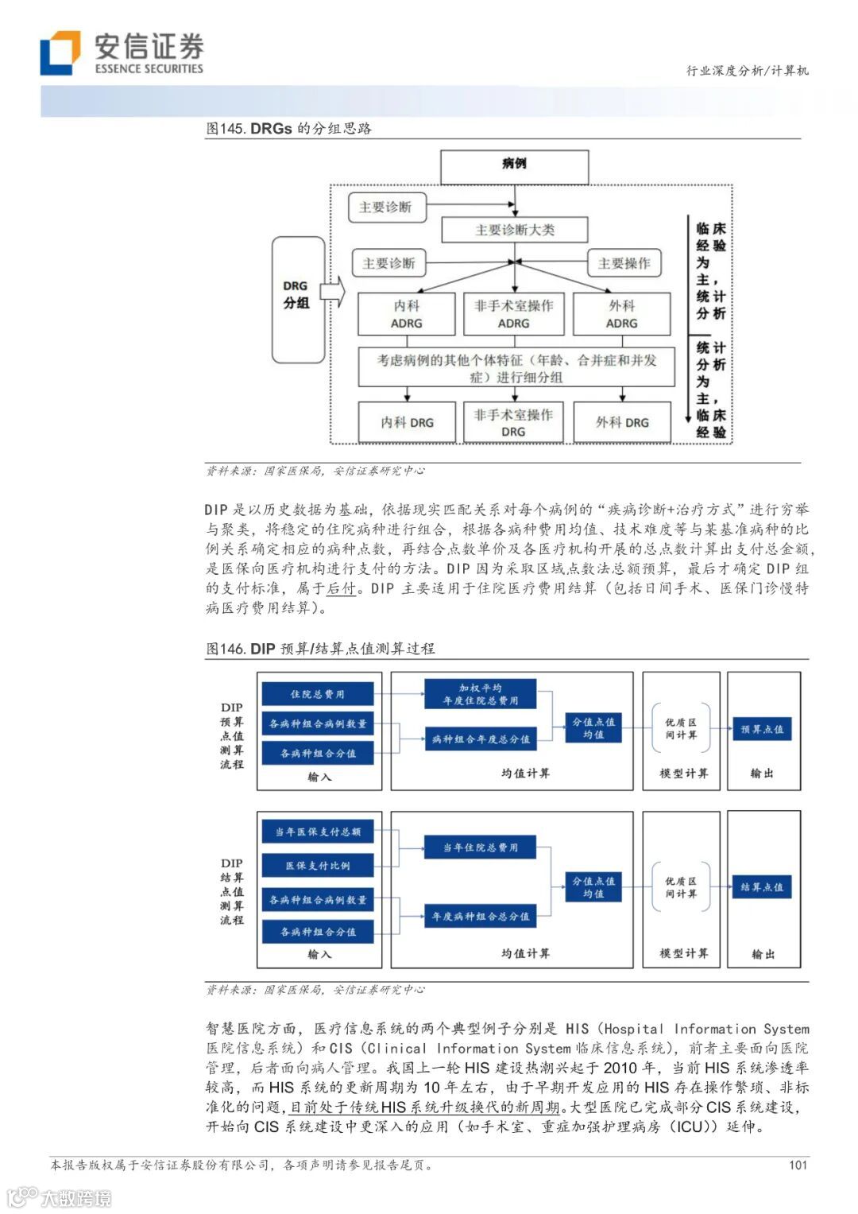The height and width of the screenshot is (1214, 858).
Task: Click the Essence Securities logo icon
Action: point(60,52)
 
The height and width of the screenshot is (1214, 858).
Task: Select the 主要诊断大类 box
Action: point(515,230)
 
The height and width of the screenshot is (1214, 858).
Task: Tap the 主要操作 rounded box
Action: point(624,263)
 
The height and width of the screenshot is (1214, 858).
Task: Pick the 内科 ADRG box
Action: point(406,314)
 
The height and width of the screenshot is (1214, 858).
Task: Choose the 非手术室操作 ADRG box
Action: point(513,314)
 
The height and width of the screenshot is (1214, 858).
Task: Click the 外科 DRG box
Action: point(622,422)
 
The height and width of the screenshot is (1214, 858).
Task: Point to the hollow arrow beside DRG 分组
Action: point(334,292)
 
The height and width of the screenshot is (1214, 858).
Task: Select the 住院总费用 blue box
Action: point(318,694)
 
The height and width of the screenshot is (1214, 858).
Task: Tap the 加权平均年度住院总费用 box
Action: point(480,694)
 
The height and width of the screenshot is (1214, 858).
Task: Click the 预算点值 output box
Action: point(761,729)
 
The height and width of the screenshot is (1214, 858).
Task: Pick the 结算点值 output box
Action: point(761,887)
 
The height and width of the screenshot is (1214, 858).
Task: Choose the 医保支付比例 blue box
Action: point(318,865)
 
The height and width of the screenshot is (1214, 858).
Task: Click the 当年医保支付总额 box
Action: point(318,832)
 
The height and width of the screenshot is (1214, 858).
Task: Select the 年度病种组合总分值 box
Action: point(480,917)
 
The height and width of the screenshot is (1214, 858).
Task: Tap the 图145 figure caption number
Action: point(226,129)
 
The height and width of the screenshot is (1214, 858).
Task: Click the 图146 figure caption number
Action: point(226,649)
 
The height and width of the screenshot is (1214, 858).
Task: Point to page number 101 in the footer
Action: point(798,1165)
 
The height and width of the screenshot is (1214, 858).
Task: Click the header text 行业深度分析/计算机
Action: point(747,71)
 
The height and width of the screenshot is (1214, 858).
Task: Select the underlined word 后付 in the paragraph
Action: point(342,588)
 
